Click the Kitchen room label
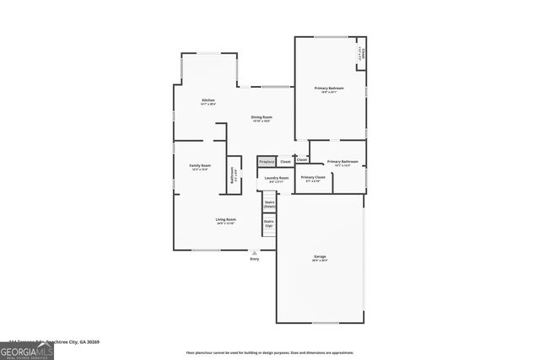pyautogui.click(x=208, y=100)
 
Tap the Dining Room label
pyautogui.click(x=261, y=116)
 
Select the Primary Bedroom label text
pyautogui.click(x=329, y=88)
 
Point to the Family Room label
pyautogui.click(x=199, y=165)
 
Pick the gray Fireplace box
pyautogui.click(x=267, y=161)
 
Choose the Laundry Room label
pyautogui.click(x=277, y=178)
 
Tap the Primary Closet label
pyautogui.click(x=312, y=177)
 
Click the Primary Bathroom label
pyautogui.click(x=343, y=161)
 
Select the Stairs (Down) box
pyautogui.click(x=270, y=203)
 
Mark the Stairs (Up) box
pyautogui.click(x=269, y=223)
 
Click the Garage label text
pyautogui.click(x=320, y=258)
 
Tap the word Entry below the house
pyautogui.click(x=255, y=259)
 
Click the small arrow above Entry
pyautogui.click(x=255, y=252)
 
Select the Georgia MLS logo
pyautogui.click(x=26, y=350)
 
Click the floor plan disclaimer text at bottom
pyautogui.click(x=269, y=352)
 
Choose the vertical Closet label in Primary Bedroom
pyautogui.click(x=362, y=54)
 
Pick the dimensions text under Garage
pyautogui.click(x=320, y=262)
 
